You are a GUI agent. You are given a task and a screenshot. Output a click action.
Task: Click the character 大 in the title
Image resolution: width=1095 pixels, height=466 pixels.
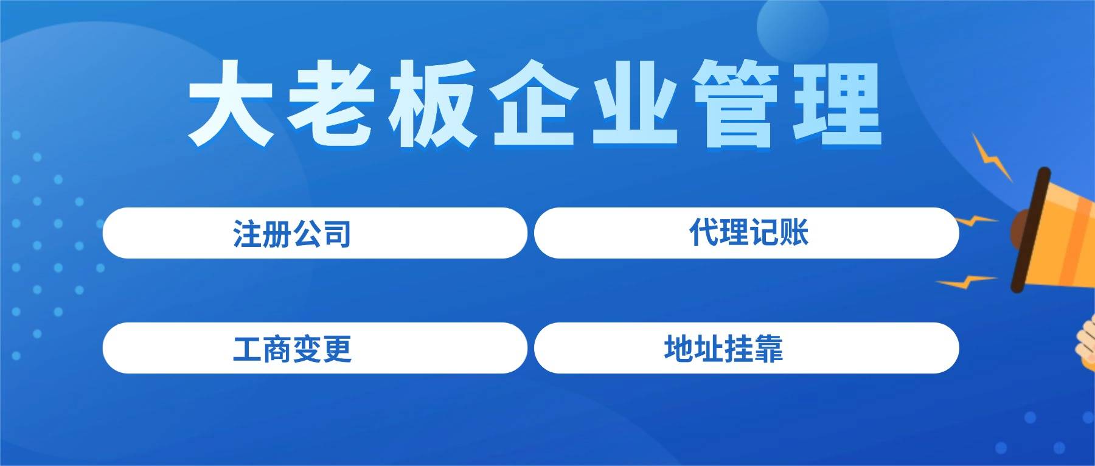coord(231,103)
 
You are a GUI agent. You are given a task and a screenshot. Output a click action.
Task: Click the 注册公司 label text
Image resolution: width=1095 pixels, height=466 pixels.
coord(292,233)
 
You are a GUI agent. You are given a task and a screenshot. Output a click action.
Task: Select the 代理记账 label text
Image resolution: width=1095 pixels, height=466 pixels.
coord(749,232)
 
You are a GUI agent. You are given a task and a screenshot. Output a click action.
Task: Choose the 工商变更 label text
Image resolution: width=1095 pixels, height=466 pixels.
coord(292,349)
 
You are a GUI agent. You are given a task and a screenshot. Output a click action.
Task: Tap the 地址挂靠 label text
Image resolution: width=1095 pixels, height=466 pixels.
coord(724,349)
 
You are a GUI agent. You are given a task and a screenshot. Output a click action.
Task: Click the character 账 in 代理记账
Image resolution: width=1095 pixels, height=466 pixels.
coord(794,232)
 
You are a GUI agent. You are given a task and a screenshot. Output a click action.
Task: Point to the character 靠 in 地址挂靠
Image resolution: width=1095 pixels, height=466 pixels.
coord(769,349)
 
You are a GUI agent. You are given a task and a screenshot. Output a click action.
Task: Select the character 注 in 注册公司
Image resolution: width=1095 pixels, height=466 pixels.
coord(248,233)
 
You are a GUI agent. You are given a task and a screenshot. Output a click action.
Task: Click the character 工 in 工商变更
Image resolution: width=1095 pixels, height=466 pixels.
coord(248,349)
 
